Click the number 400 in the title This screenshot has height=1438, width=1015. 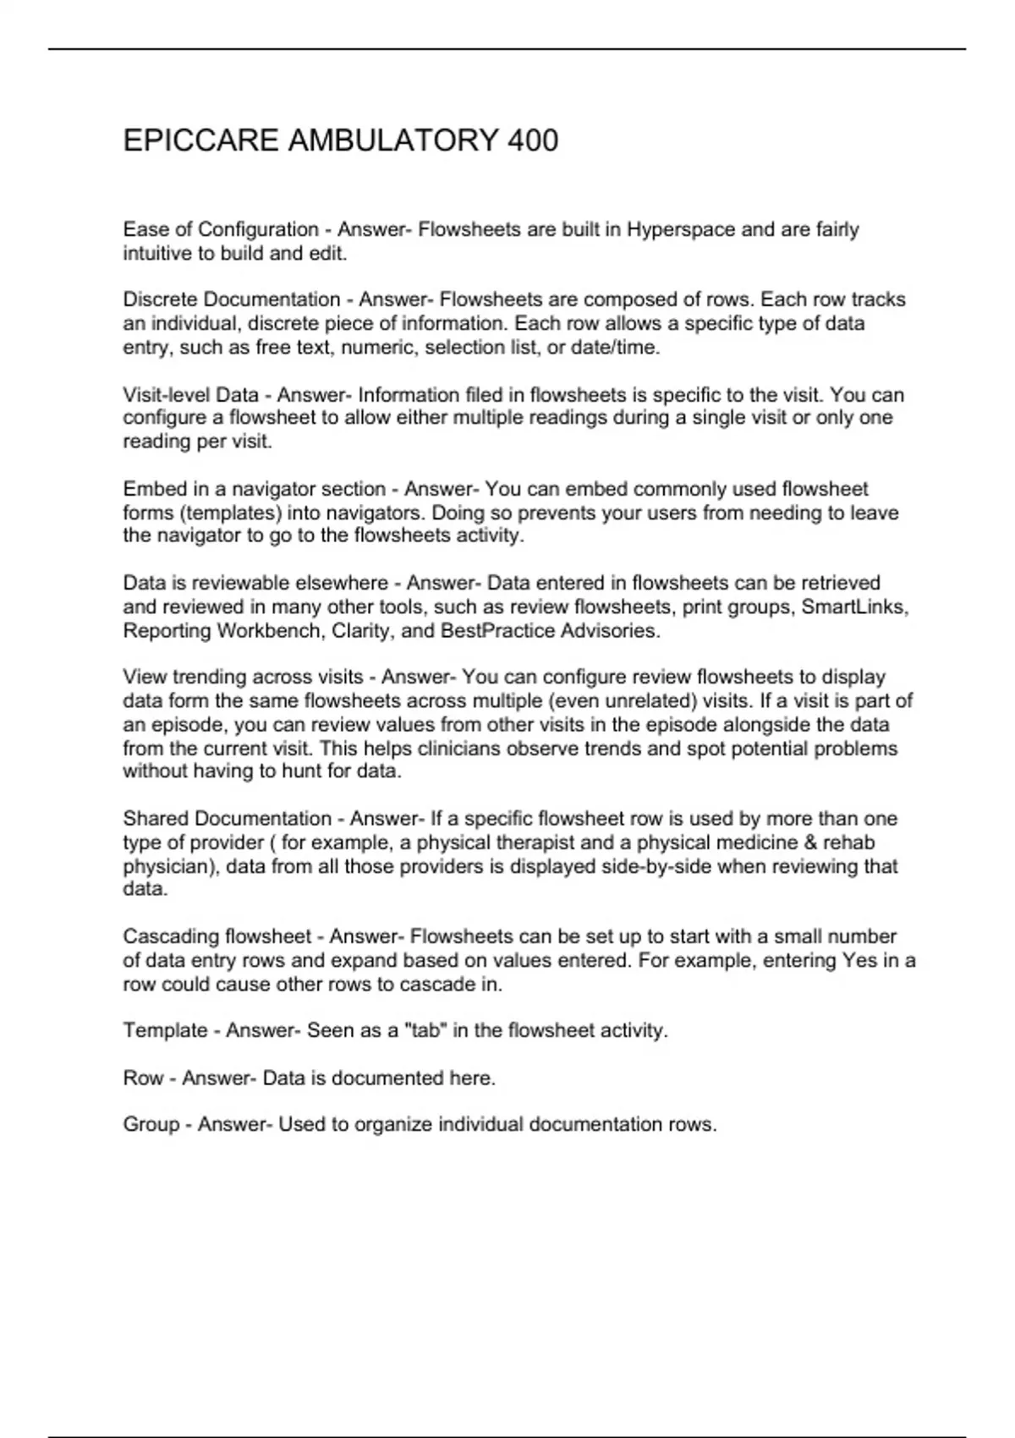tap(533, 140)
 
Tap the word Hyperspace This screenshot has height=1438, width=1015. tap(681, 230)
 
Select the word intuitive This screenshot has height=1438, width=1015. tap(157, 254)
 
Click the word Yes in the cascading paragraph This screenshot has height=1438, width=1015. tap(860, 961)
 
